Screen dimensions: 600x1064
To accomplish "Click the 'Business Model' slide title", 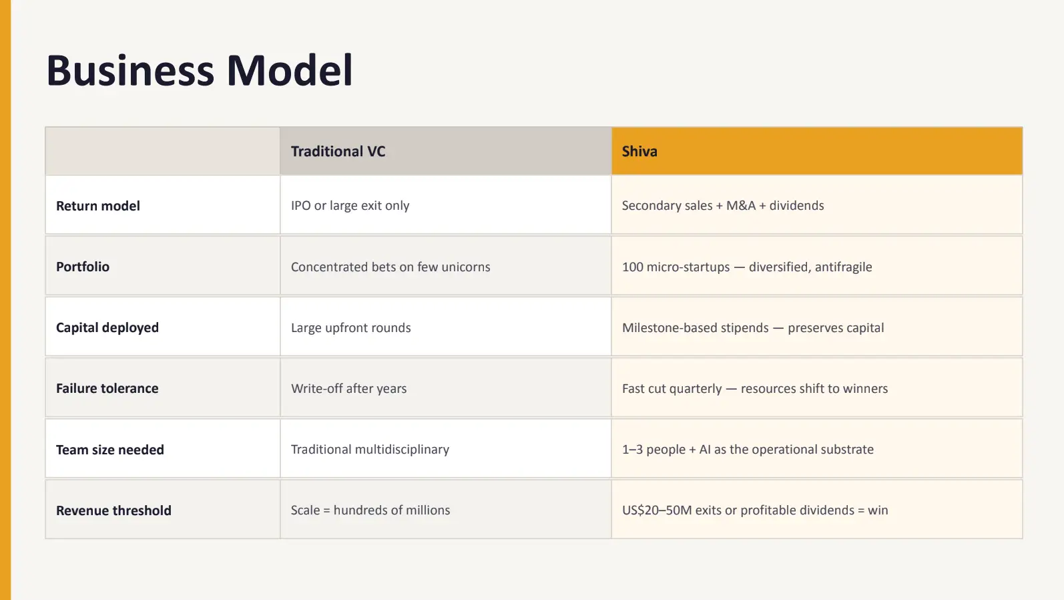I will [199, 71].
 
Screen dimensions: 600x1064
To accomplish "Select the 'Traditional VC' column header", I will [338, 152].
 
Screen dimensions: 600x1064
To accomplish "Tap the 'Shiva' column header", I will [639, 152].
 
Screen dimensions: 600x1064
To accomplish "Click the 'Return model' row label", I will [98, 206].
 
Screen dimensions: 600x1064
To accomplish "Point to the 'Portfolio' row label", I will [83, 267].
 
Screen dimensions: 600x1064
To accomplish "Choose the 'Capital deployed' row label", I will [107, 327].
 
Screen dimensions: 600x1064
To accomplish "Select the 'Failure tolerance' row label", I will [107, 388].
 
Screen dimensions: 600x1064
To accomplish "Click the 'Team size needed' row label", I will [110, 450].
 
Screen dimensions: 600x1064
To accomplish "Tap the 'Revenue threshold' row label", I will [113, 510].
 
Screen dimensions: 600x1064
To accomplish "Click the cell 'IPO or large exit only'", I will [350, 206].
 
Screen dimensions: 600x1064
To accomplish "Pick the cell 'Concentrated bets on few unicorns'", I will [390, 267].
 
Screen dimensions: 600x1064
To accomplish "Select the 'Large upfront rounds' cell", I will [350, 327].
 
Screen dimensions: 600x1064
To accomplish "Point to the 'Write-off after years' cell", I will [348, 388].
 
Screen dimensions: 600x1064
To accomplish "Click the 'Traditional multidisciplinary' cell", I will [370, 449].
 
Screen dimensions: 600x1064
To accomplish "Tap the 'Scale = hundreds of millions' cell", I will [370, 510].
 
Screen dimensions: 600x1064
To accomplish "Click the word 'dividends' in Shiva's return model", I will [796, 206].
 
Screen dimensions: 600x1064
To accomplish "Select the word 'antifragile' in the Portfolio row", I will [843, 267].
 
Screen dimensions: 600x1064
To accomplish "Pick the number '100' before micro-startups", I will [632, 267].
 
